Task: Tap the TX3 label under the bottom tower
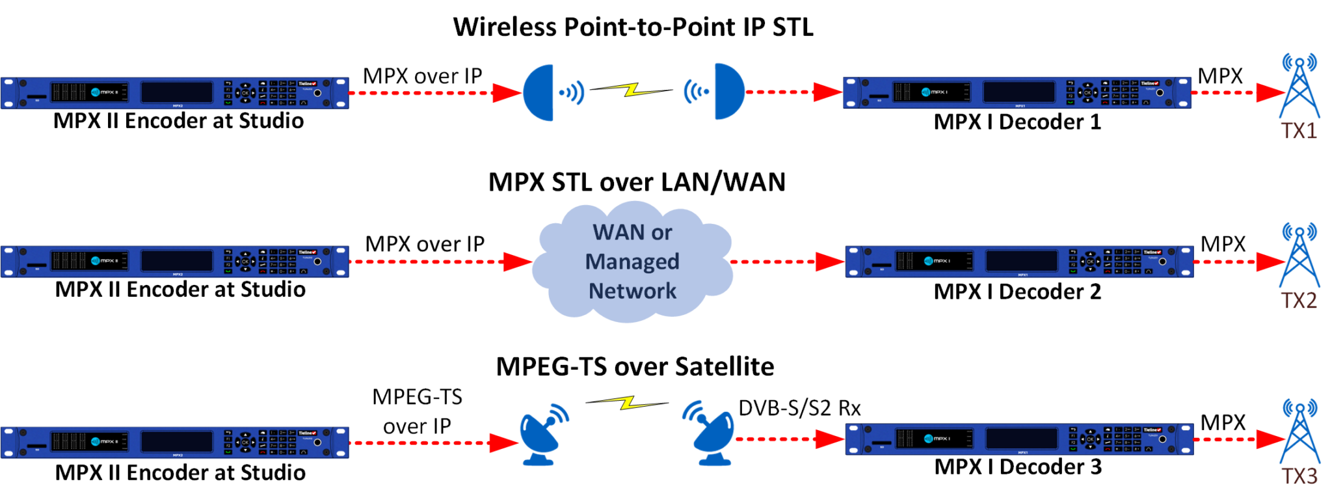(1299, 476)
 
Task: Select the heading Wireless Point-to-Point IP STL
(633, 27)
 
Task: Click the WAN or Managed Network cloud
(632, 262)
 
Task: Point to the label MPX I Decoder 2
(1017, 292)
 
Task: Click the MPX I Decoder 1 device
(1017, 92)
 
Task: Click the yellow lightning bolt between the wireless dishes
(631, 89)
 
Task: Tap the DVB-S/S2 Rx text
(799, 408)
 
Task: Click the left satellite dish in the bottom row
(542, 435)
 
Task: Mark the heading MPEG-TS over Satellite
(635, 367)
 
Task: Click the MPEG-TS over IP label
(417, 411)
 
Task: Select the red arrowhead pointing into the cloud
(518, 262)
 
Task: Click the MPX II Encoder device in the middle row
(174, 262)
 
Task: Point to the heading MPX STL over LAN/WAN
(637, 182)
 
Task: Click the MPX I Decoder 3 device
(1019, 439)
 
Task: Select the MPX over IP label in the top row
(422, 76)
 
